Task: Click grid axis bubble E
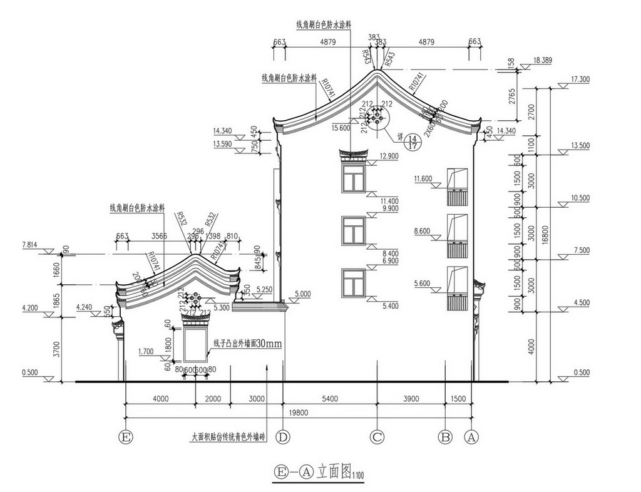point(127,437)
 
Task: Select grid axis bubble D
point(284,437)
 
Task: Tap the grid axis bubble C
point(377,437)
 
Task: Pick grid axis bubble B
point(445,437)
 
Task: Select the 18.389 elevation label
point(542,60)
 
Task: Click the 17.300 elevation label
point(580,79)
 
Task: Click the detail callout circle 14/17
point(412,141)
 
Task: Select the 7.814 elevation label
point(31,245)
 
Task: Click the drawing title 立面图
point(332,471)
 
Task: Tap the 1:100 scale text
point(357,476)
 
